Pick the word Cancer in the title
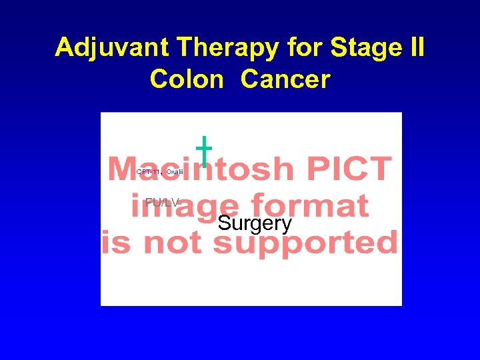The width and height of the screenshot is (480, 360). click(285, 79)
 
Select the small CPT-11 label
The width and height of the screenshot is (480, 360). click(148, 172)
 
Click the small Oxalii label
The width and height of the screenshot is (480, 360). click(174, 172)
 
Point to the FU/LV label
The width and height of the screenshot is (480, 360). click(162, 201)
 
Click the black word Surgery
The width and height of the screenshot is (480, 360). click(255, 223)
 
